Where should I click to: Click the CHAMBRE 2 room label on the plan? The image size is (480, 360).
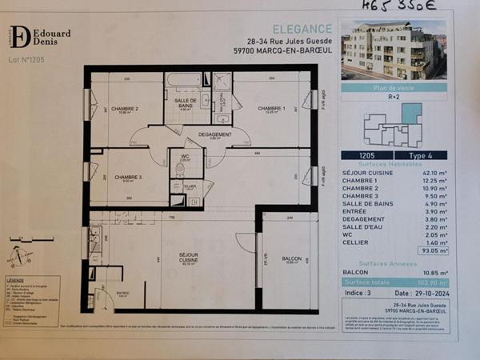125,109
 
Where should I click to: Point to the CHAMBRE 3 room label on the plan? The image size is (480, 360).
128,177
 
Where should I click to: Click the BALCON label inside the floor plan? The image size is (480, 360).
291,259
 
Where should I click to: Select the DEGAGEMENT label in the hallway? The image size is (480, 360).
215,134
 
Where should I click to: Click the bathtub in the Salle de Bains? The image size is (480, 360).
185,80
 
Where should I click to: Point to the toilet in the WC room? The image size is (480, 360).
181,169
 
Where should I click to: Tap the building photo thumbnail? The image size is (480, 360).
393,50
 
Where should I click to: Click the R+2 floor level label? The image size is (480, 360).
394,95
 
